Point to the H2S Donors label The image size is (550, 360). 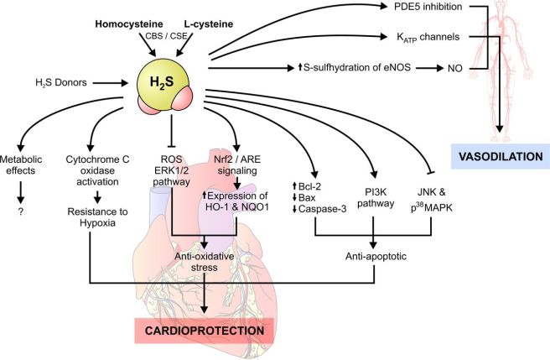point(57,83)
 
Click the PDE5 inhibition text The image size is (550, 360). point(406,8)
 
